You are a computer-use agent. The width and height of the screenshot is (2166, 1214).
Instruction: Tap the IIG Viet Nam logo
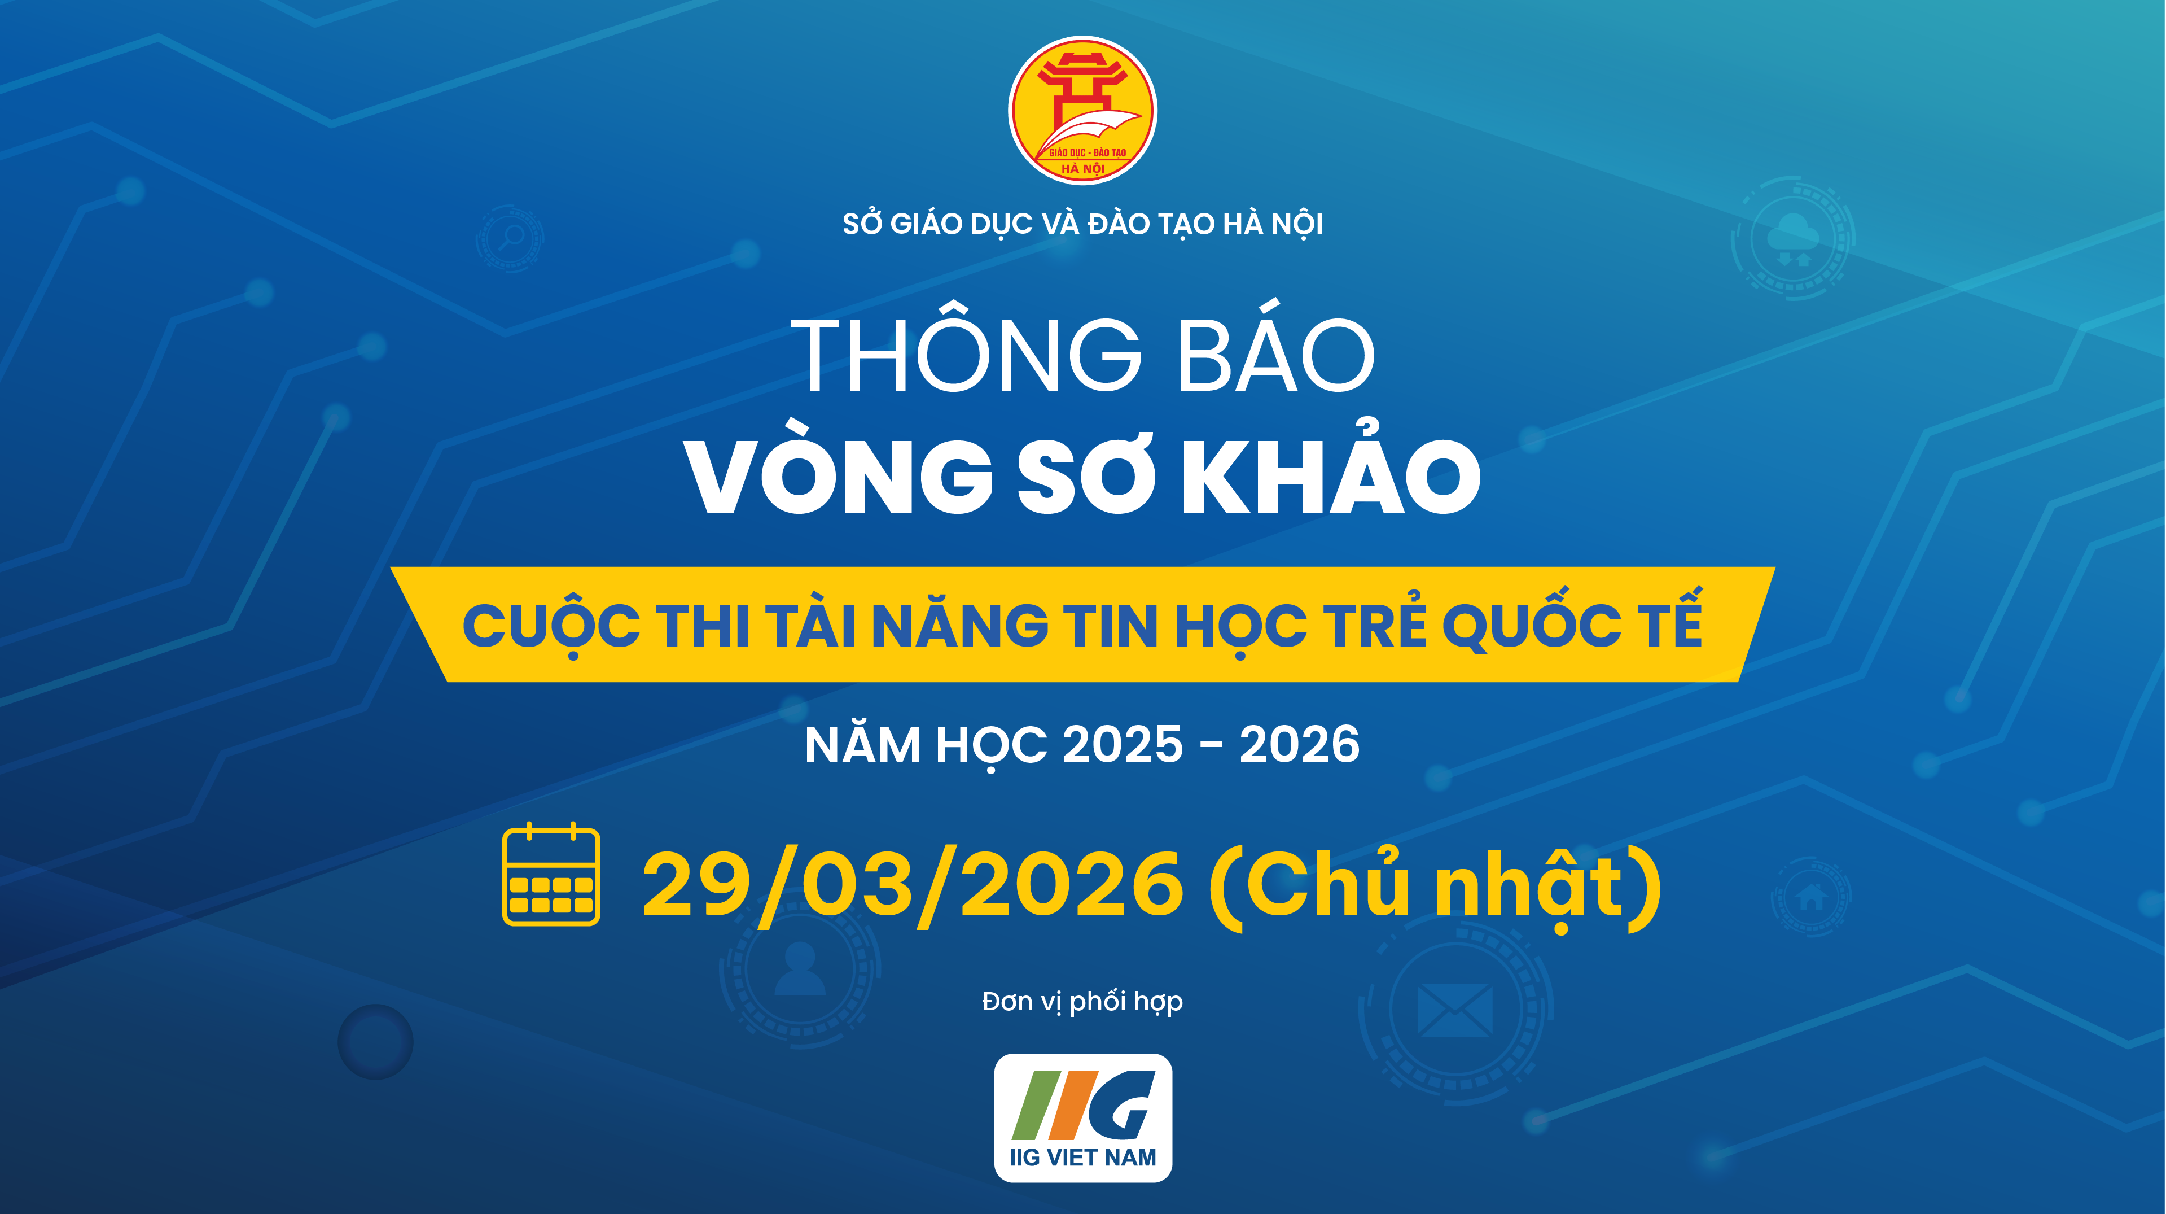click(1083, 1117)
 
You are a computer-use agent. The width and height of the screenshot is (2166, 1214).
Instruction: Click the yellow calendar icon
click(551, 875)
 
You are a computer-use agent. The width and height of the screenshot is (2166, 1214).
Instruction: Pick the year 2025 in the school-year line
click(1123, 745)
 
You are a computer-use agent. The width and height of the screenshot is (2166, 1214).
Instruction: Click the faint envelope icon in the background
click(1455, 1010)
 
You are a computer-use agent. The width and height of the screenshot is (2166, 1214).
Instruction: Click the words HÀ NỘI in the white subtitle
click(1272, 224)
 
